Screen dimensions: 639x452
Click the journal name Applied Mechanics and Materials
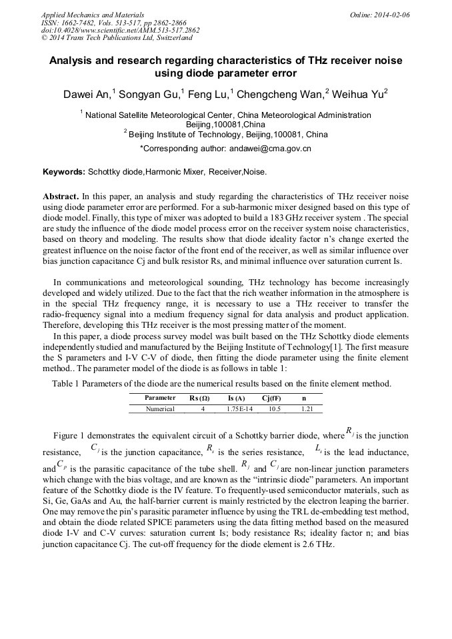93,14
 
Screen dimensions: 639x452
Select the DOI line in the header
120,30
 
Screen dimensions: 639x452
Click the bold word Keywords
64,172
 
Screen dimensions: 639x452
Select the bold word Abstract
61,197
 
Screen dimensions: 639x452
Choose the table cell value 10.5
274,408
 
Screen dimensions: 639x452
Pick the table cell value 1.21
307,408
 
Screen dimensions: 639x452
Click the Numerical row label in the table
160,408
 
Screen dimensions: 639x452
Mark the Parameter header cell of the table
160,398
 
